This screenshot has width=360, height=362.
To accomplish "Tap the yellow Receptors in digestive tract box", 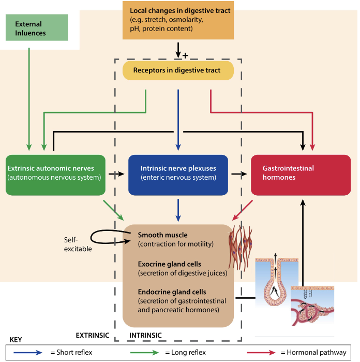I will [x=178, y=70].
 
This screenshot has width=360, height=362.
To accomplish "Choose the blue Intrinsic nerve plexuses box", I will [x=178, y=173].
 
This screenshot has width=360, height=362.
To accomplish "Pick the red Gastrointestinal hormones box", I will [x=301, y=173].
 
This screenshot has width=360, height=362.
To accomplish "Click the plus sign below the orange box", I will [x=185, y=55].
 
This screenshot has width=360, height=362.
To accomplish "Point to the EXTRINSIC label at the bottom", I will [x=93, y=335].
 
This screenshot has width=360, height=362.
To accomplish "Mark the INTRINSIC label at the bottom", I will [x=145, y=335].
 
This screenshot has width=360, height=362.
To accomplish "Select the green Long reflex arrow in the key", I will [x=140, y=352].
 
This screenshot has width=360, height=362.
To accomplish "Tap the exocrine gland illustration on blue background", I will [x=273, y=282].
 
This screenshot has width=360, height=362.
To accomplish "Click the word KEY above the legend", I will [x=17, y=340].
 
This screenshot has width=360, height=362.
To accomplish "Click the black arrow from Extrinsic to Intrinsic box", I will [x=117, y=173].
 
